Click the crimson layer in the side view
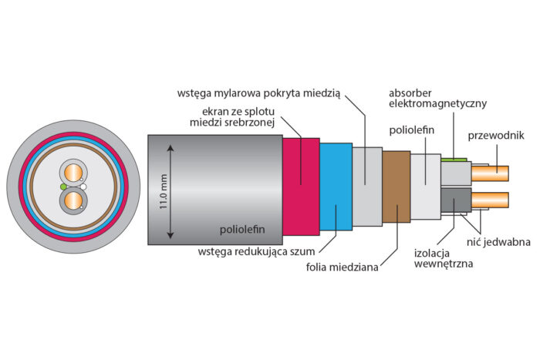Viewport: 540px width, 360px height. click(x=300, y=185)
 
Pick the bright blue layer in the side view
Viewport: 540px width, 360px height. click(x=335, y=185)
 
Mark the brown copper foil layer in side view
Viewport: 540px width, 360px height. click(x=396, y=185)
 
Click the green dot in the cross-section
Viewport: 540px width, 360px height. click(x=62, y=187)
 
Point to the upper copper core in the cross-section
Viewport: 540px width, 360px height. click(x=73, y=172)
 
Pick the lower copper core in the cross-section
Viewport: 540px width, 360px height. click(x=73, y=202)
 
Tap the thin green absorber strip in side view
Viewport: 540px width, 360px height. click(x=454, y=160)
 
